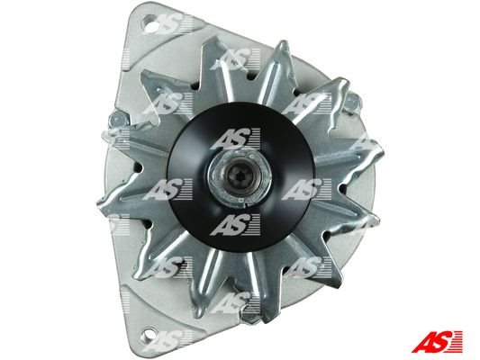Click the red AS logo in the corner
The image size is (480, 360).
coord(437,341)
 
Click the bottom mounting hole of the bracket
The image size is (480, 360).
coord(150,334)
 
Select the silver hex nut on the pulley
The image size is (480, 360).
coord(240,177)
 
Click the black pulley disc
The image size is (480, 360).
coord(241,176)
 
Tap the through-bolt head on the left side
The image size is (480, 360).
coord(119,120)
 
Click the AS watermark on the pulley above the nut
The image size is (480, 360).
coord(235,139)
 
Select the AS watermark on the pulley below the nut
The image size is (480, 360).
coord(235,225)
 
